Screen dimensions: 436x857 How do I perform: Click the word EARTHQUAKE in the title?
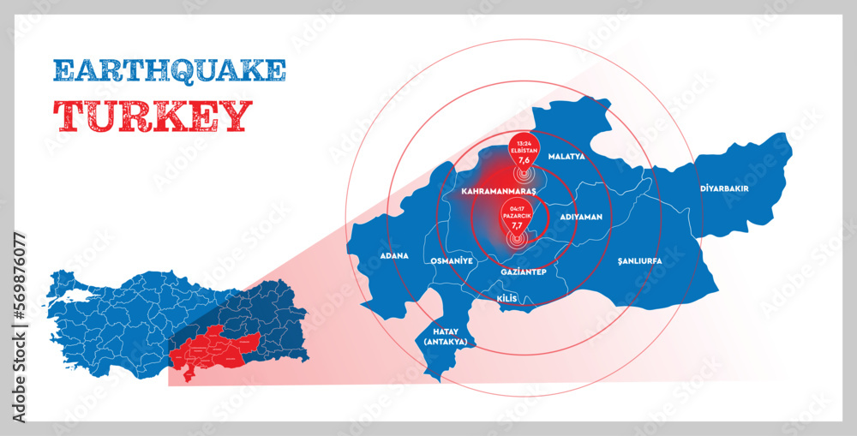click(x=169, y=70)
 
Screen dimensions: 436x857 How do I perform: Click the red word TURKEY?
click(x=153, y=116)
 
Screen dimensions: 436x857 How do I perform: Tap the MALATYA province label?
click(x=566, y=158)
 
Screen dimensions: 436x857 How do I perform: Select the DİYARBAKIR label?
click(x=724, y=188)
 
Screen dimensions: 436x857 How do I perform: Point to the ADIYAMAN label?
click(x=581, y=218)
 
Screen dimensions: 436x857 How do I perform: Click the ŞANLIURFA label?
click(x=639, y=258)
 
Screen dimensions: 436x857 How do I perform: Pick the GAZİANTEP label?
click(x=523, y=272)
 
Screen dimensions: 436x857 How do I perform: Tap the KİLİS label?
click(x=506, y=298)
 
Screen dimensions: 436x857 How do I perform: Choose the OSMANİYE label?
click(x=451, y=258)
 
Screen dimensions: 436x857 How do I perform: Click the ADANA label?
click(x=394, y=256)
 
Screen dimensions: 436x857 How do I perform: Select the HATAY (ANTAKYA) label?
click(x=445, y=335)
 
